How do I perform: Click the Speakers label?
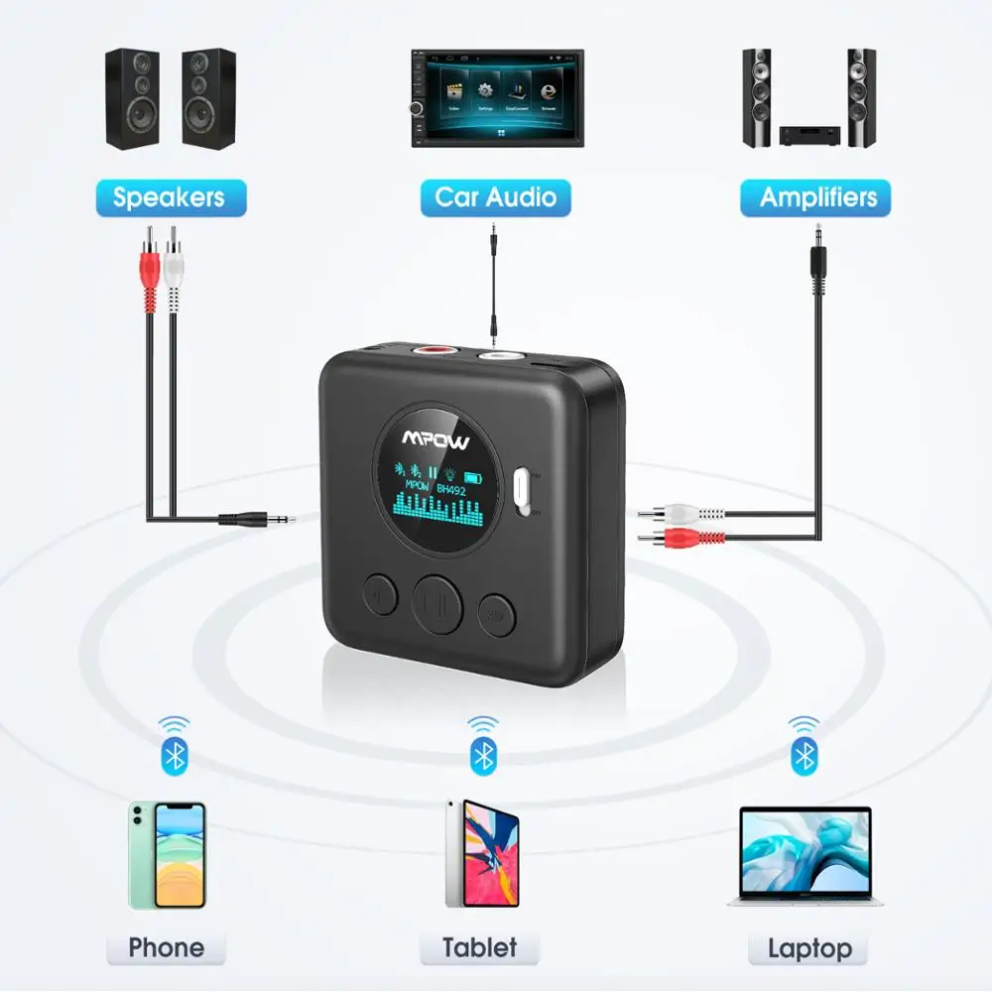tap(169, 197)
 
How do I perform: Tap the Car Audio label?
tap(496, 197)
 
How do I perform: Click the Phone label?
tap(167, 947)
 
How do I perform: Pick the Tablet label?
tap(480, 947)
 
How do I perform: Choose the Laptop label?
tap(809, 947)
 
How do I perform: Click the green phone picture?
tap(167, 855)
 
